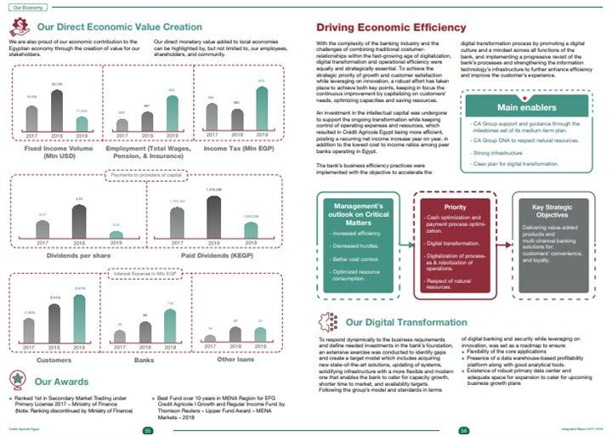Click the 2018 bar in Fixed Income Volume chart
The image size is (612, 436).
[x=57, y=110]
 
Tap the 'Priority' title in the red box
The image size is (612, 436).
[x=455, y=206]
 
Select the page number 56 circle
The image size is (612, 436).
[x=464, y=429]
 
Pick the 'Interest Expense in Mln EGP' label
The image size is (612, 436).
[x=149, y=274]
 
